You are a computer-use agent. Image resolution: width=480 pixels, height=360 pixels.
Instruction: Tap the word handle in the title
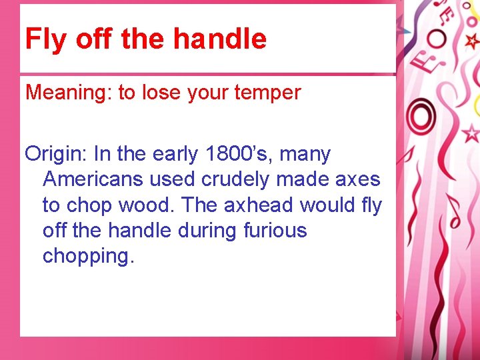(219, 39)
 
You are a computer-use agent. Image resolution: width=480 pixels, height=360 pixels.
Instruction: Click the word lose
(159, 93)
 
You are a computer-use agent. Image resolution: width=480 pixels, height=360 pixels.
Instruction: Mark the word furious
(275, 231)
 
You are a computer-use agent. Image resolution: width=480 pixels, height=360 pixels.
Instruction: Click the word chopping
(88, 257)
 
